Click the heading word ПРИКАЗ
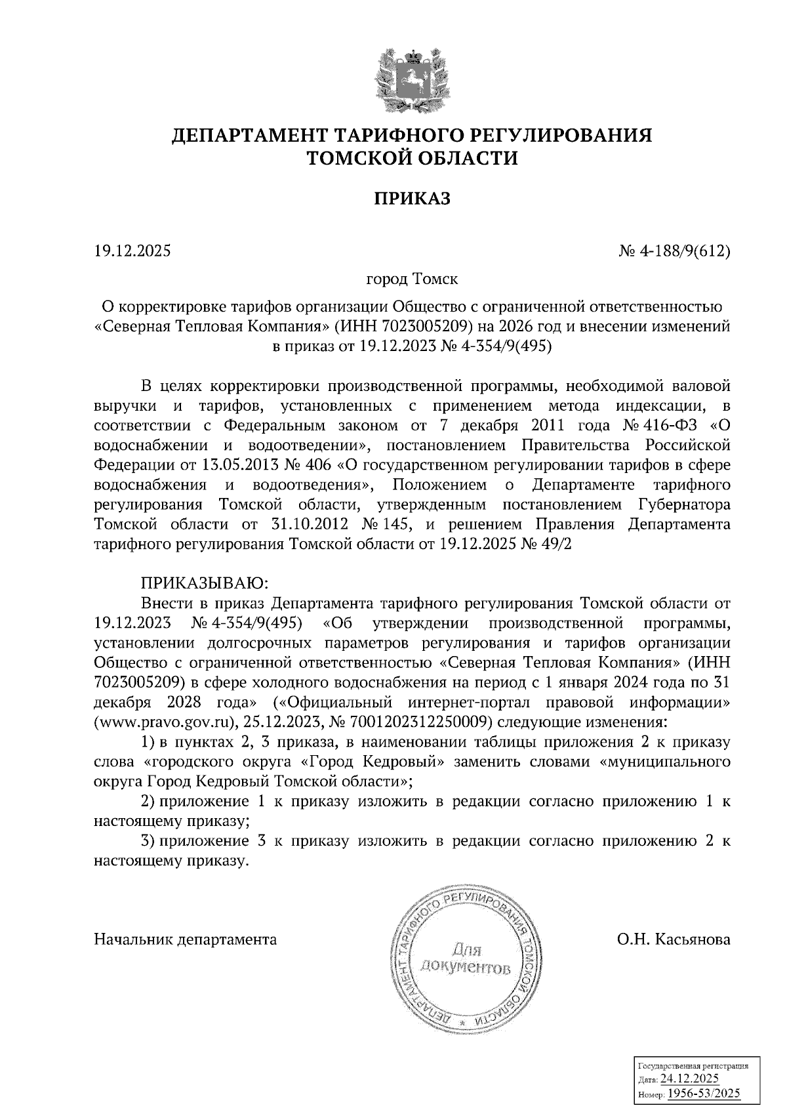pos(412,199)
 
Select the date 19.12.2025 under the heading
pos(132,251)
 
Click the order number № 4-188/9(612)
pos(676,251)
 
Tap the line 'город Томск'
pos(412,279)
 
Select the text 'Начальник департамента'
pos(186,940)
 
